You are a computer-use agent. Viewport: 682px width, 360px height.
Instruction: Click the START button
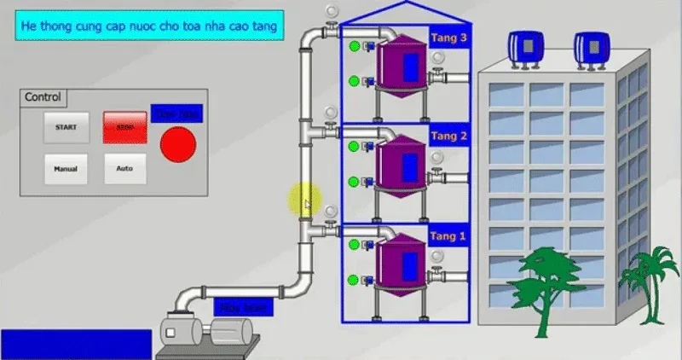[66, 127]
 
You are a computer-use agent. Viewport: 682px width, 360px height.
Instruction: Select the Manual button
[66, 169]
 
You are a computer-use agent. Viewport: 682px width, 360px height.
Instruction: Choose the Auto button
[124, 169]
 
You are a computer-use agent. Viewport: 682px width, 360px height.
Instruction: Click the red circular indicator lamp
[178, 144]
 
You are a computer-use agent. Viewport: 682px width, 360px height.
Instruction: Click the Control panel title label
[43, 97]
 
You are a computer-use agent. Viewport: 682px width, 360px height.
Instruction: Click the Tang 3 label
[448, 38]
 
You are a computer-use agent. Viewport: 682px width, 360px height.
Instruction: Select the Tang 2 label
[448, 136]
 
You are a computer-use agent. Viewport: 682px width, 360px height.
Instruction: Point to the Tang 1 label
[448, 236]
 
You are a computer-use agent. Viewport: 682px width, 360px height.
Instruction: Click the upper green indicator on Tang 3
[354, 46]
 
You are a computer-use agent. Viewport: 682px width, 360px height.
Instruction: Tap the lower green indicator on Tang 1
[354, 280]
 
